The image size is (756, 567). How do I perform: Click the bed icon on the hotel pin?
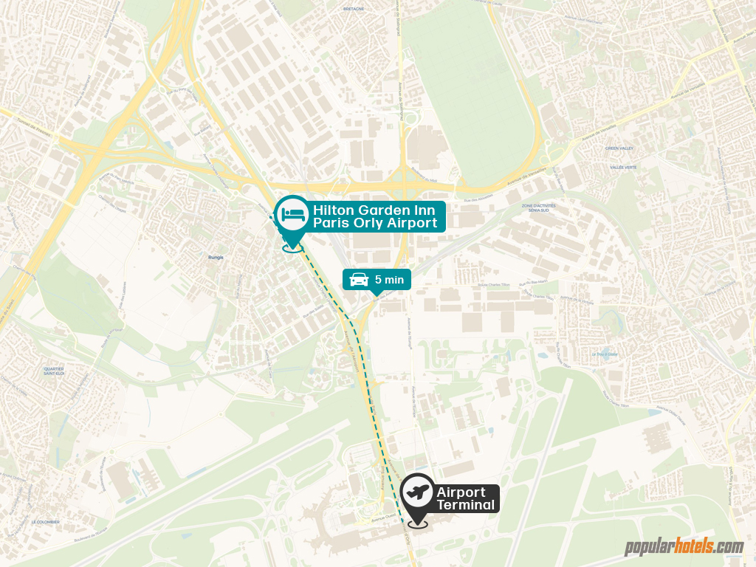tap(292, 213)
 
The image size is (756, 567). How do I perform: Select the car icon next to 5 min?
tap(360, 279)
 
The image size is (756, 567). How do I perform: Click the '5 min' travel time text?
tap(389, 279)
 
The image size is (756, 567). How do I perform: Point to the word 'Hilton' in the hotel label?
tap(332, 210)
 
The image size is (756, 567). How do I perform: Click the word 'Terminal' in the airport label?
tap(465, 505)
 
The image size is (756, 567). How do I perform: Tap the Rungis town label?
tap(216, 258)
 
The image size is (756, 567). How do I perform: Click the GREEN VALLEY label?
tap(620, 148)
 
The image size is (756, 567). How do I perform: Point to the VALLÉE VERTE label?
tap(623, 168)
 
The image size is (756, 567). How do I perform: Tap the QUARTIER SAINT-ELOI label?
tap(54, 371)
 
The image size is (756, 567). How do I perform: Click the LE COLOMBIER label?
tap(44, 521)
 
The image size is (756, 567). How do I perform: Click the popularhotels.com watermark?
tap(684, 547)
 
